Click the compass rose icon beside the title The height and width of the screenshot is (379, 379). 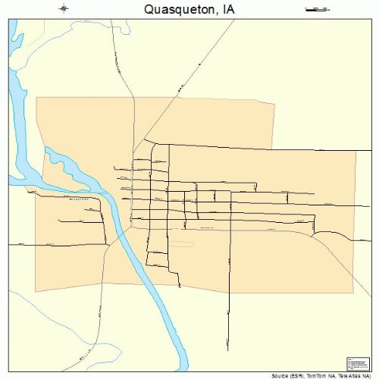64,9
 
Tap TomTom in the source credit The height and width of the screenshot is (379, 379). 322,375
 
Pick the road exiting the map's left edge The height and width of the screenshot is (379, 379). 19,245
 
